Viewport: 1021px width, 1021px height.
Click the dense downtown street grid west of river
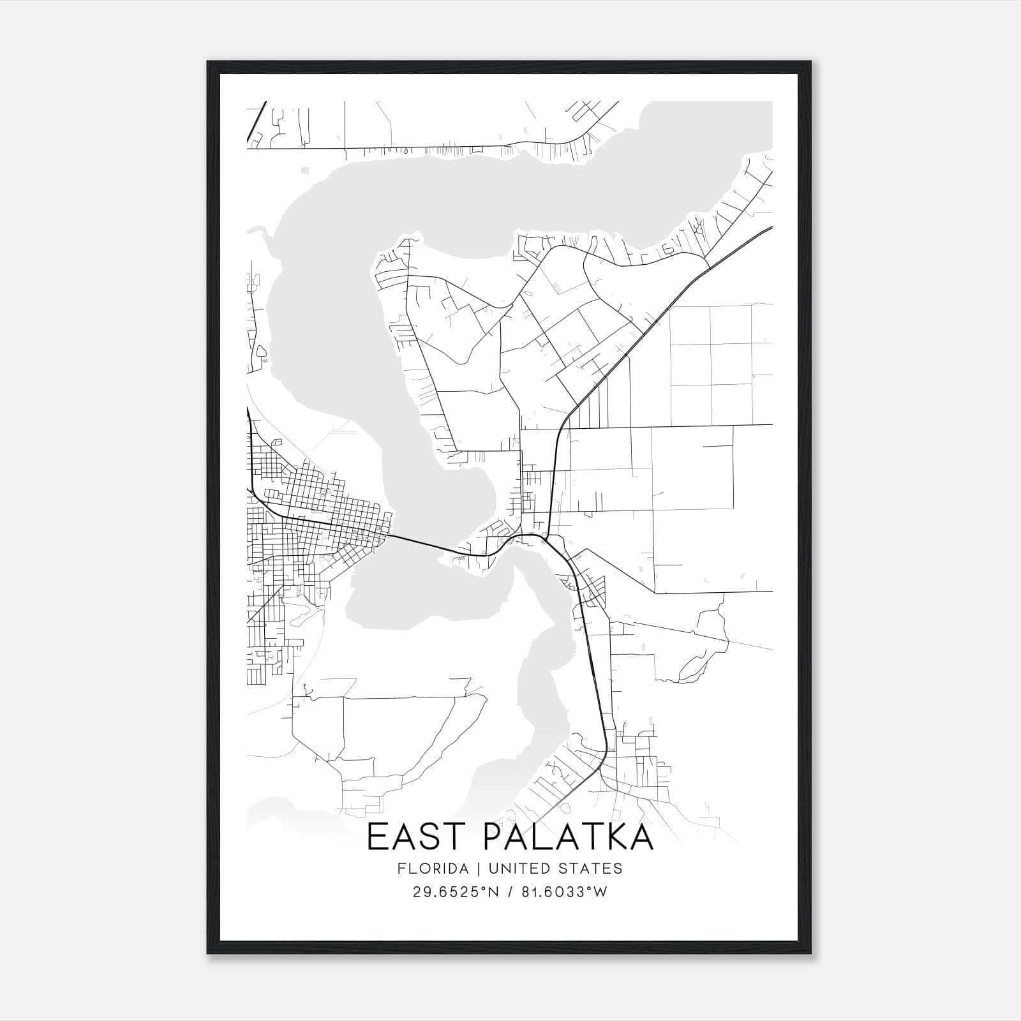coord(332,504)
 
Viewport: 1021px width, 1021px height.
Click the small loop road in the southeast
coord(699,664)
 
